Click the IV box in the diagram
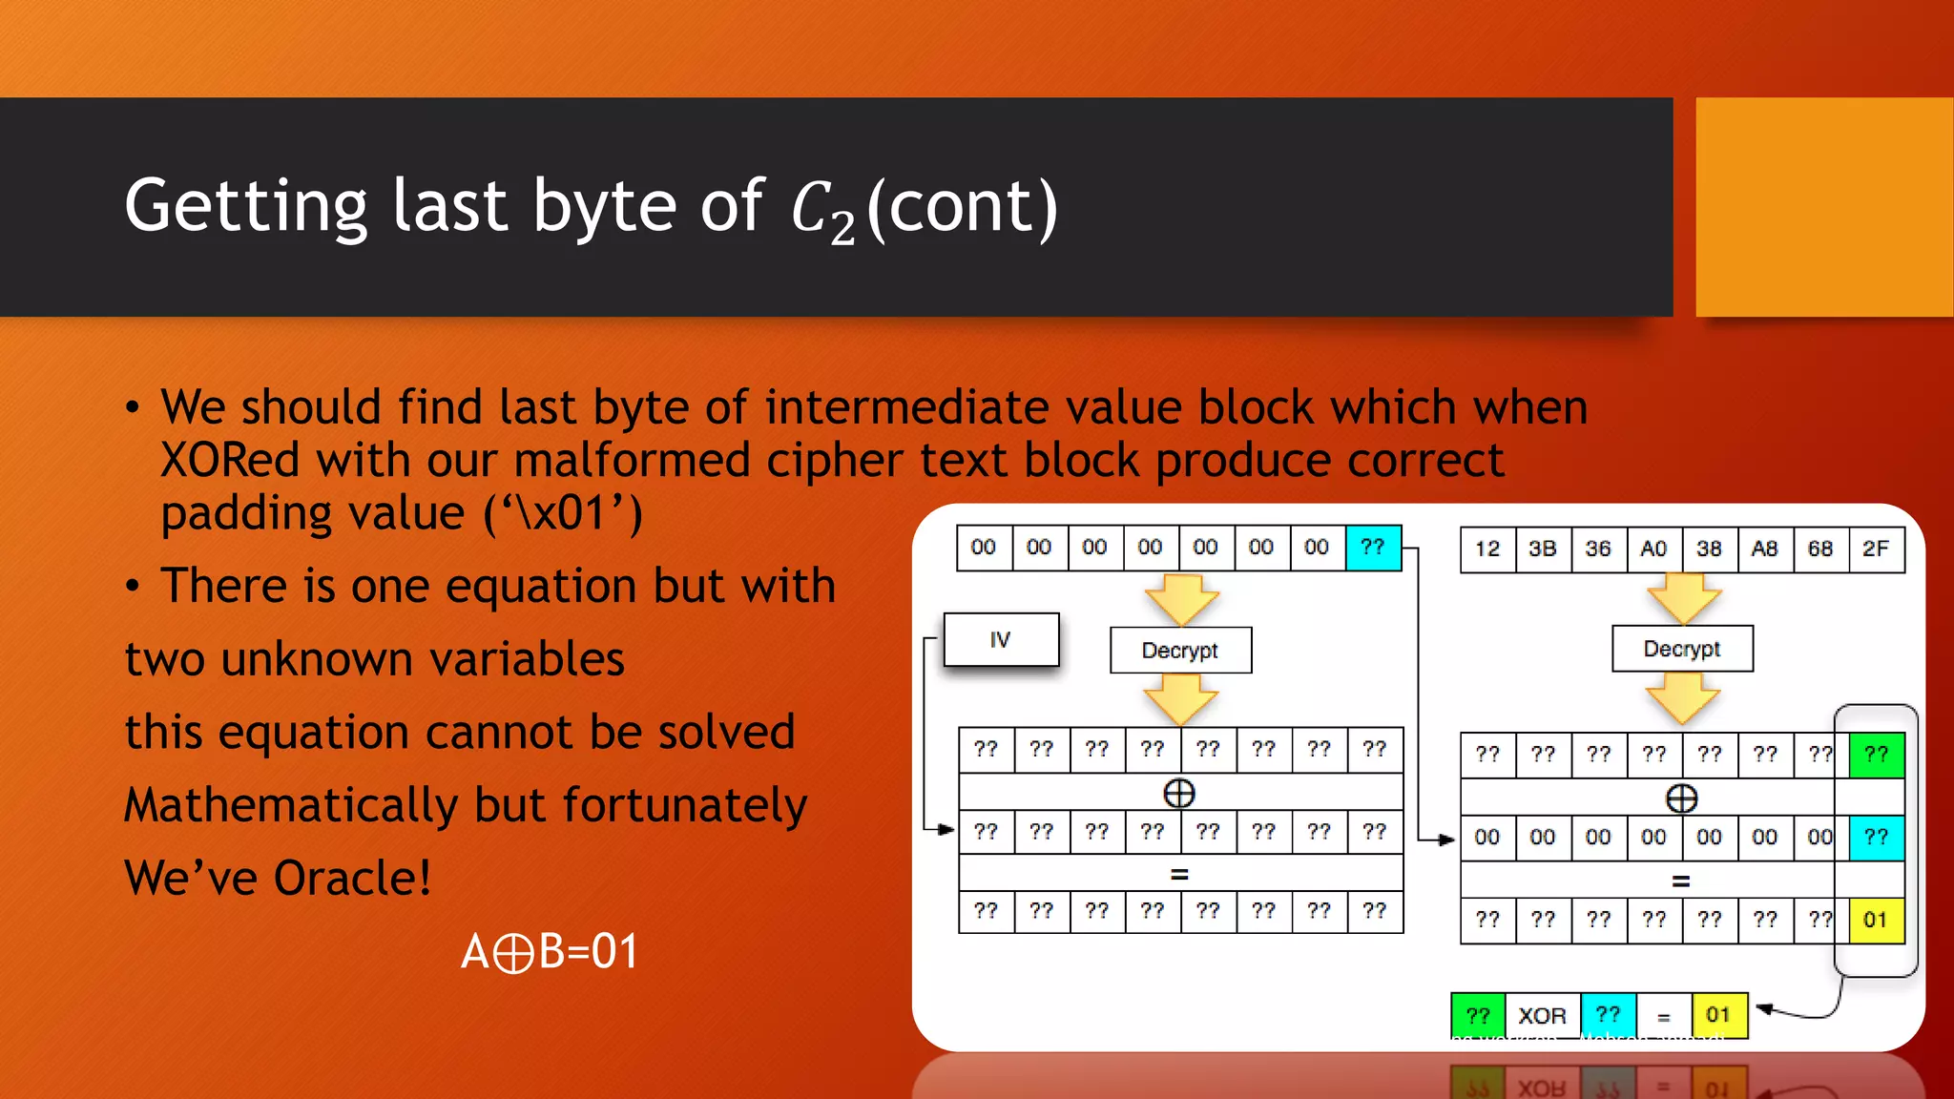[x=1001, y=639]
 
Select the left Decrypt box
[x=1180, y=651]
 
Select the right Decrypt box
[x=1682, y=649]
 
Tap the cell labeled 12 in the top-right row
[x=1486, y=549]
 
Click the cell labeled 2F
[x=1875, y=549]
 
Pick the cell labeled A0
[x=1653, y=549]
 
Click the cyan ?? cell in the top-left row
[x=1373, y=548]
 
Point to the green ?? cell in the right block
[x=1876, y=755]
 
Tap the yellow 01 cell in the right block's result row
[x=1876, y=921]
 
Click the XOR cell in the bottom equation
[x=1542, y=1016]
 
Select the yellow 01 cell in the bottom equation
[x=1718, y=1015]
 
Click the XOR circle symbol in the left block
[x=1179, y=794]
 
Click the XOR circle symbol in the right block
[x=1681, y=798]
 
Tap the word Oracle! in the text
[x=352, y=878]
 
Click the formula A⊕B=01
[x=550, y=951]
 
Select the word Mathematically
[x=292, y=805]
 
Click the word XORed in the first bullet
[x=229, y=461]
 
